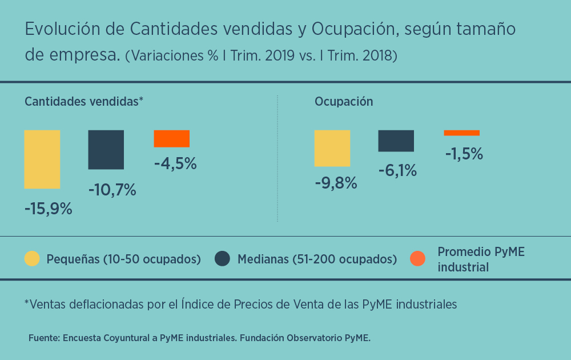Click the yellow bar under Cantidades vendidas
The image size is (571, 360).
[x=42, y=159]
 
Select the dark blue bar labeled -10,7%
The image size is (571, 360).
[x=106, y=150]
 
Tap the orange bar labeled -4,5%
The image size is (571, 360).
[x=171, y=139]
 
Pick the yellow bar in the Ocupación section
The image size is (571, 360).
[x=332, y=148]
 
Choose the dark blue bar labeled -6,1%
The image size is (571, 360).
[x=396, y=141]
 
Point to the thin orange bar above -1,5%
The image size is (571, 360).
[x=461, y=133]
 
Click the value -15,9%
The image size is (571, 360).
[x=49, y=209]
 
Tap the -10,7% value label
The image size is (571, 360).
[x=112, y=190]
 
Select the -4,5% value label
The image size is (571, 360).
[x=175, y=163]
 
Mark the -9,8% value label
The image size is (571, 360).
[x=336, y=183]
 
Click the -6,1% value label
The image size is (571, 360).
[x=397, y=170]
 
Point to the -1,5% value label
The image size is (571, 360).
[x=464, y=154]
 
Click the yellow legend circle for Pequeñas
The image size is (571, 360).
[x=33, y=259]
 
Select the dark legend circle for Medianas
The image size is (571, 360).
[x=223, y=259]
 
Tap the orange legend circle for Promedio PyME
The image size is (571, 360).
[x=418, y=259]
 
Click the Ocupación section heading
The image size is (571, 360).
[x=344, y=102]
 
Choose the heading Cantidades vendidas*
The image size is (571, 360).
[x=83, y=102]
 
